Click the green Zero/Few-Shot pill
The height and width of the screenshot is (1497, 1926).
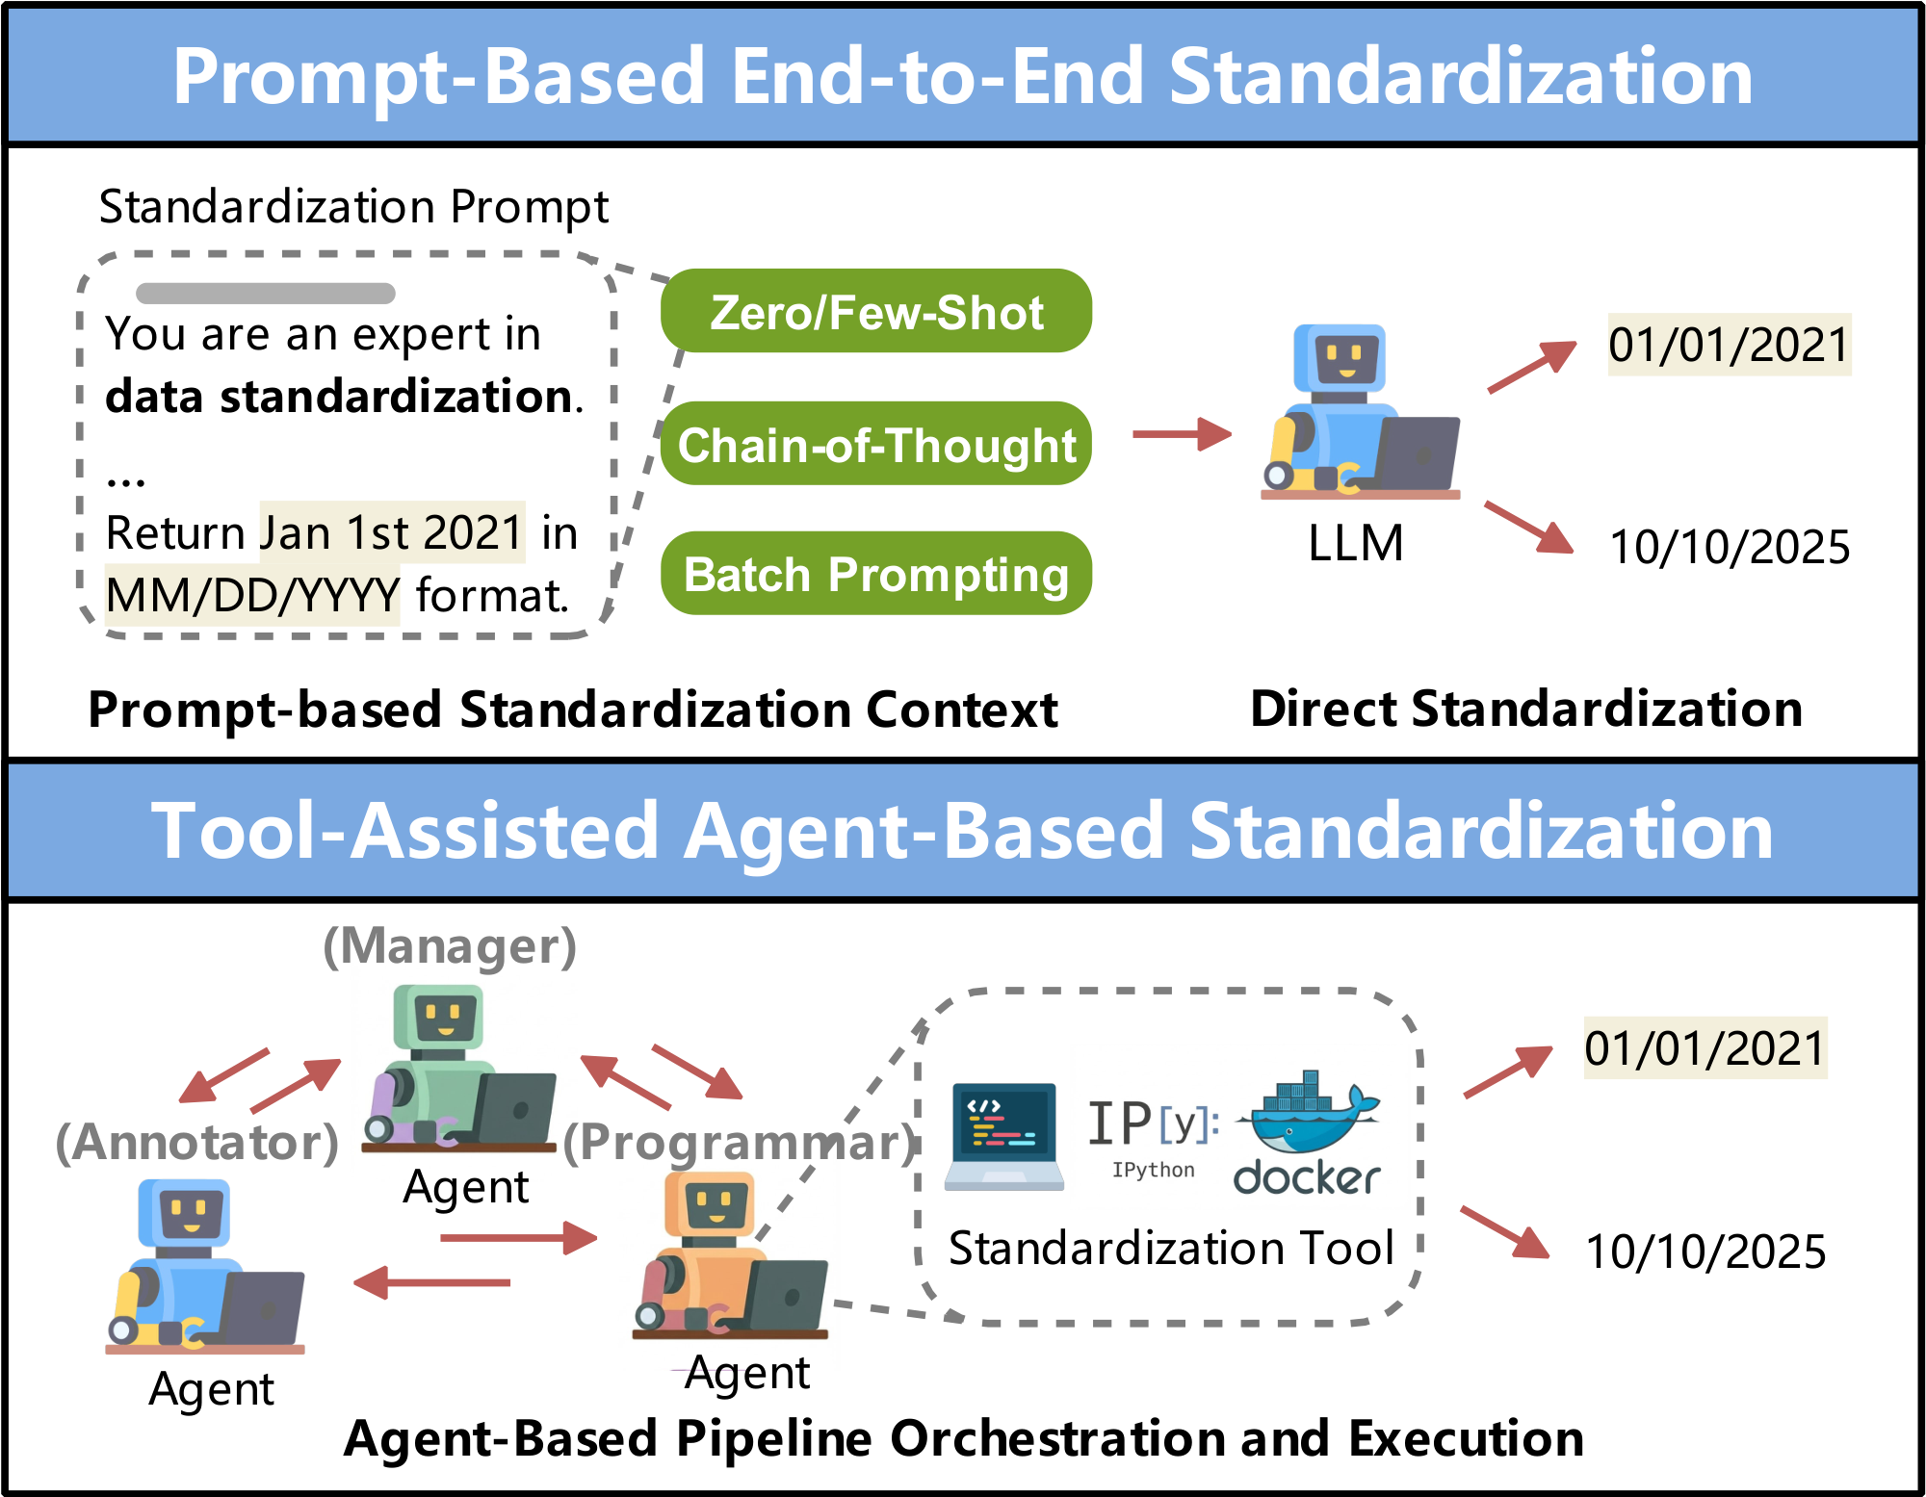pyautogui.click(x=875, y=311)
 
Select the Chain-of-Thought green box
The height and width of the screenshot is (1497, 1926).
pyautogui.click(x=875, y=444)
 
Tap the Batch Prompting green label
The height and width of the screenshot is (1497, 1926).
pyautogui.click(x=875, y=574)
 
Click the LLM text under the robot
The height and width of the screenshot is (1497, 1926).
pyautogui.click(x=1355, y=544)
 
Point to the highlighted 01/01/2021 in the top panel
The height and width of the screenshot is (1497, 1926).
pyautogui.click(x=1729, y=345)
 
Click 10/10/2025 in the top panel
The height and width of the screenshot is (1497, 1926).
pyautogui.click(x=1729, y=547)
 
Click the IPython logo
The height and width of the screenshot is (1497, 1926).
pyautogui.click(x=1153, y=1136)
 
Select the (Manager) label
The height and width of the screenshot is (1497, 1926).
pyautogui.click(x=450, y=946)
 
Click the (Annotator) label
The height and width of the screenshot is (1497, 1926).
pyautogui.click(x=197, y=1143)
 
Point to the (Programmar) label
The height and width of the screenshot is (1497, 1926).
pyautogui.click(x=739, y=1143)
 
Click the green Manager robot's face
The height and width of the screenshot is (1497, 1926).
pyautogui.click(x=444, y=1018)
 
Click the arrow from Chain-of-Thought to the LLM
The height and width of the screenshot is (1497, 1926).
pyautogui.click(x=1182, y=434)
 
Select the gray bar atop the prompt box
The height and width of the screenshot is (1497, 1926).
pyautogui.click(x=266, y=293)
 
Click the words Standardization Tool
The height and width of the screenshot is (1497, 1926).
pyautogui.click(x=1171, y=1249)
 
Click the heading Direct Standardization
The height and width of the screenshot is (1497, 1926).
pyautogui.click(x=1525, y=710)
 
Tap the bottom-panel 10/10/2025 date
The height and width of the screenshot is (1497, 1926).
pyautogui.click(x=1705, y=1252)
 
